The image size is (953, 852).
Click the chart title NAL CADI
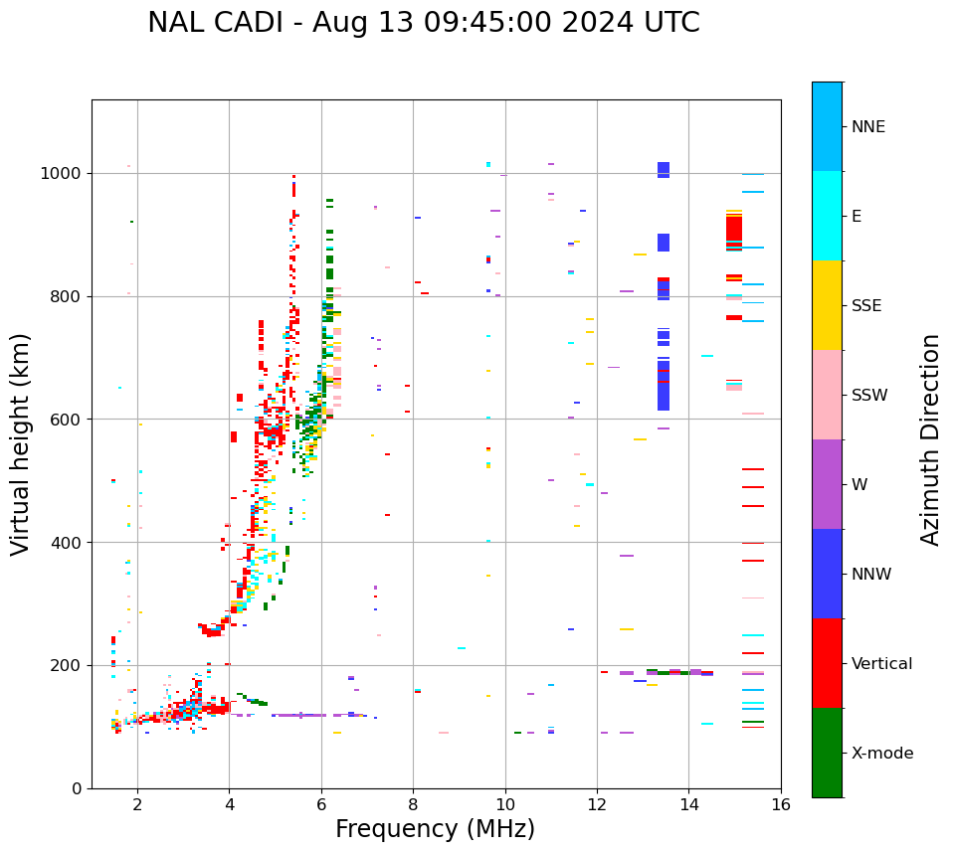[423, 23]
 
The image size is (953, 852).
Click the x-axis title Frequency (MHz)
[435, 829]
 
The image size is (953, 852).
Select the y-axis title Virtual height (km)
[21, 444]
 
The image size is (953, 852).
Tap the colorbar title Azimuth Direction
[930, 439]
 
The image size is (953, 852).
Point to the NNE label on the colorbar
[867, 127]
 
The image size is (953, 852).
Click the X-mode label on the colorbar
[881, 754]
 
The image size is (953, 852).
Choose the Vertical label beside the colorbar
[881, 664]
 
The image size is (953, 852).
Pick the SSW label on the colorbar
[869, 396]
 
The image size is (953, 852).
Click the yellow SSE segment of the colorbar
[827, 305]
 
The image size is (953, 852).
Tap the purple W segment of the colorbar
[827, 484]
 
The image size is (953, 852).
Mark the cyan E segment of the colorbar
[827, 216]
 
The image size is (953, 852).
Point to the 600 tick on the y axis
[70, 420]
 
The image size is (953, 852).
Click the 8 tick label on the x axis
[413, 804]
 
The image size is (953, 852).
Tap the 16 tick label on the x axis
[781, 804]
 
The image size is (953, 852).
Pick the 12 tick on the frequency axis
[597, 804]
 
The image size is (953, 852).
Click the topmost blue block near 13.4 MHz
[664, 169]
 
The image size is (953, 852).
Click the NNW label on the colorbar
[870, 575]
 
